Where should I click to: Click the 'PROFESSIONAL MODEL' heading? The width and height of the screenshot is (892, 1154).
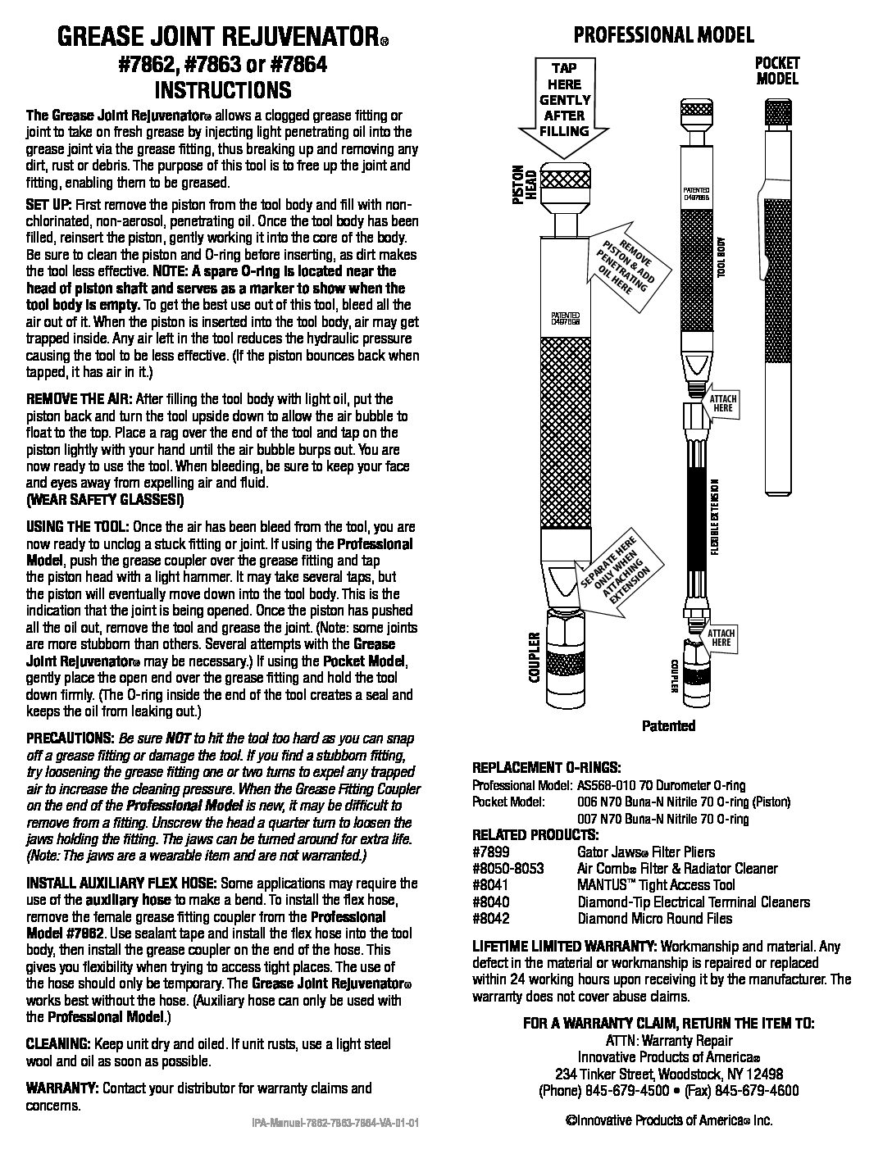click(663, 34)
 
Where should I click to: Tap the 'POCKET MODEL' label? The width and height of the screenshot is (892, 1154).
click(777, 71)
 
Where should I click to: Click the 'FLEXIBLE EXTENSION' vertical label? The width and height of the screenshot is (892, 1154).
click(715, 517)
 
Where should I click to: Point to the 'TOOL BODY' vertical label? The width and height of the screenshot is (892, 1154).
click(722, 259)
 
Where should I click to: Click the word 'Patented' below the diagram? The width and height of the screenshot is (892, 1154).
click(668, 725)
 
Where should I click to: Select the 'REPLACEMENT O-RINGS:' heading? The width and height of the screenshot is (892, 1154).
click(547, 768)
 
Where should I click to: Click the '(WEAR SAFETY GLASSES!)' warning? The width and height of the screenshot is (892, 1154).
click(106, 499)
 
